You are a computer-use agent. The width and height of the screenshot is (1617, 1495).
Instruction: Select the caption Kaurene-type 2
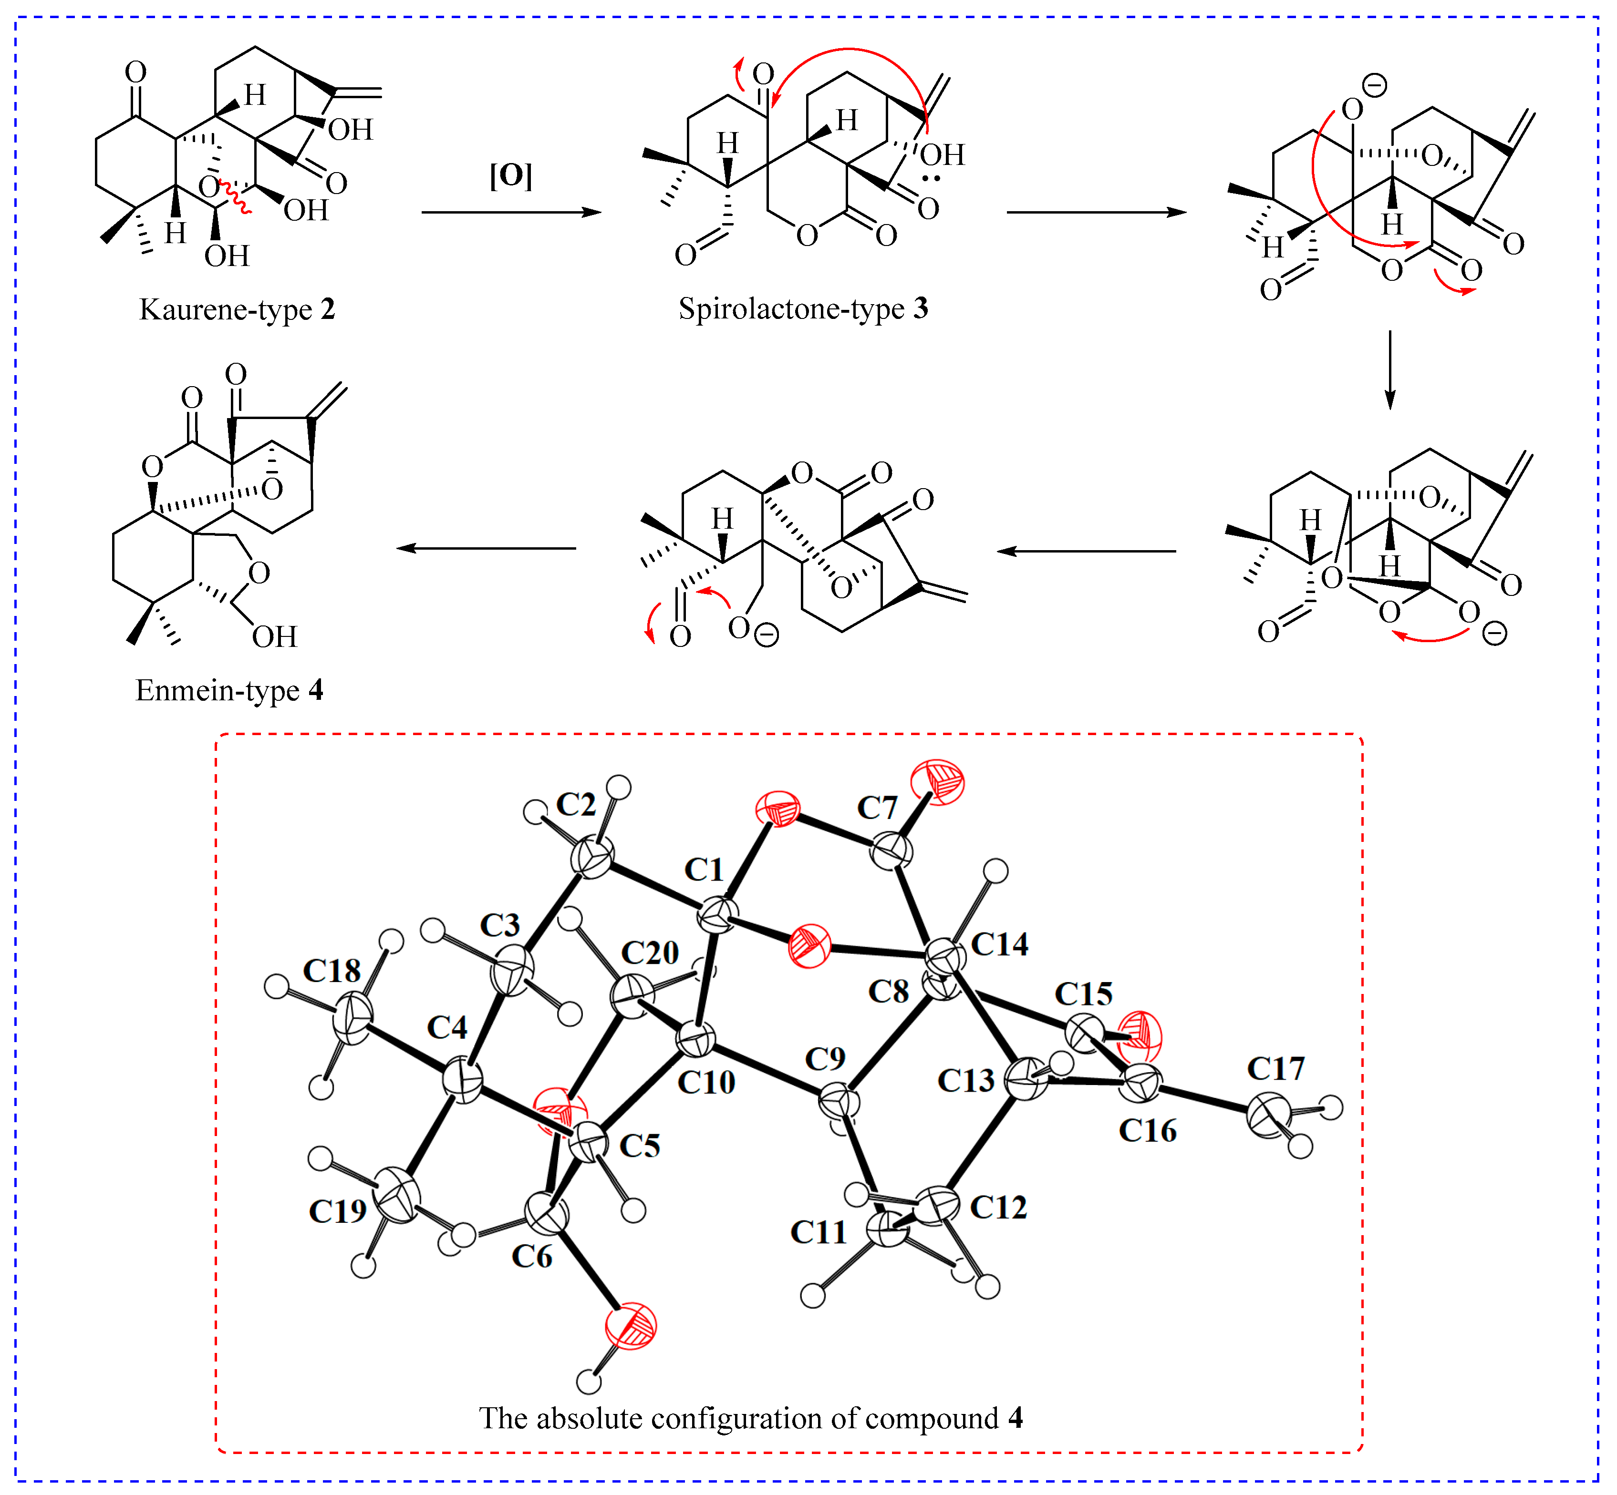click(x=236, y=309)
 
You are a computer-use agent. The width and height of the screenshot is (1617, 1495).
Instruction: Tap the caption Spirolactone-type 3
click(x=803, y=308)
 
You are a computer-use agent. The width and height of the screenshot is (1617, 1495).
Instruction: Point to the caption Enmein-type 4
click(x=229, y=690)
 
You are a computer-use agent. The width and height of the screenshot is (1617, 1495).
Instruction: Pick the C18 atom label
click(x=332, y=971)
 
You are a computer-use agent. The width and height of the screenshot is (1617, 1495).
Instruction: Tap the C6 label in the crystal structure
click(x=532, y=1256)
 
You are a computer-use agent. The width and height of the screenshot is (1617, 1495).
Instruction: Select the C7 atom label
click(x=877, y=808)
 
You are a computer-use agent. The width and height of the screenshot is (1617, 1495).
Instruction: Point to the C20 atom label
click(x=650, y=953)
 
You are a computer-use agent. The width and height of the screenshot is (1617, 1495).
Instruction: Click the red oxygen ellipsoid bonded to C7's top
click(x=937, y=781)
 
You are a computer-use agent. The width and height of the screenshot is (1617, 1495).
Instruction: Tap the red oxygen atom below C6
click(x=631, y=1327)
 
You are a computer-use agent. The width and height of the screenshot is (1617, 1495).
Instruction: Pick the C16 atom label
click(x=1148, y=1130)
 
